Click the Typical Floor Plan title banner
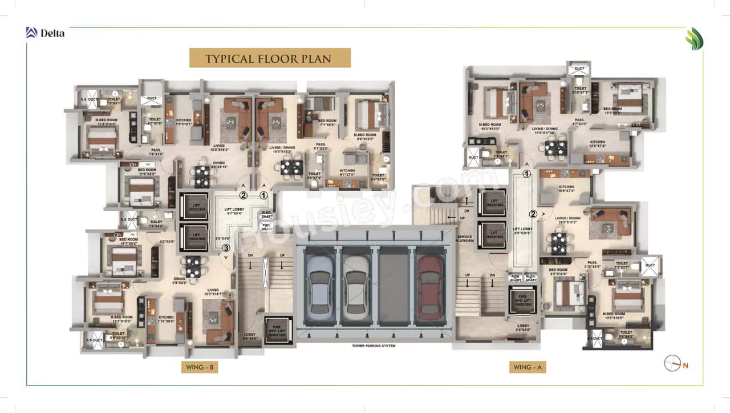coord(269,58)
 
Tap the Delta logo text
coord(52,33)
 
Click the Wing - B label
coord(199,367)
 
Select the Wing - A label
coord(527,367)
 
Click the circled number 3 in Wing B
coord(226,248)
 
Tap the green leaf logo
coord(694,39)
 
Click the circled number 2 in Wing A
coord(533,215)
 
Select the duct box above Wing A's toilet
coord(579,69)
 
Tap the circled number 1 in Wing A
coord(527,174)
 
